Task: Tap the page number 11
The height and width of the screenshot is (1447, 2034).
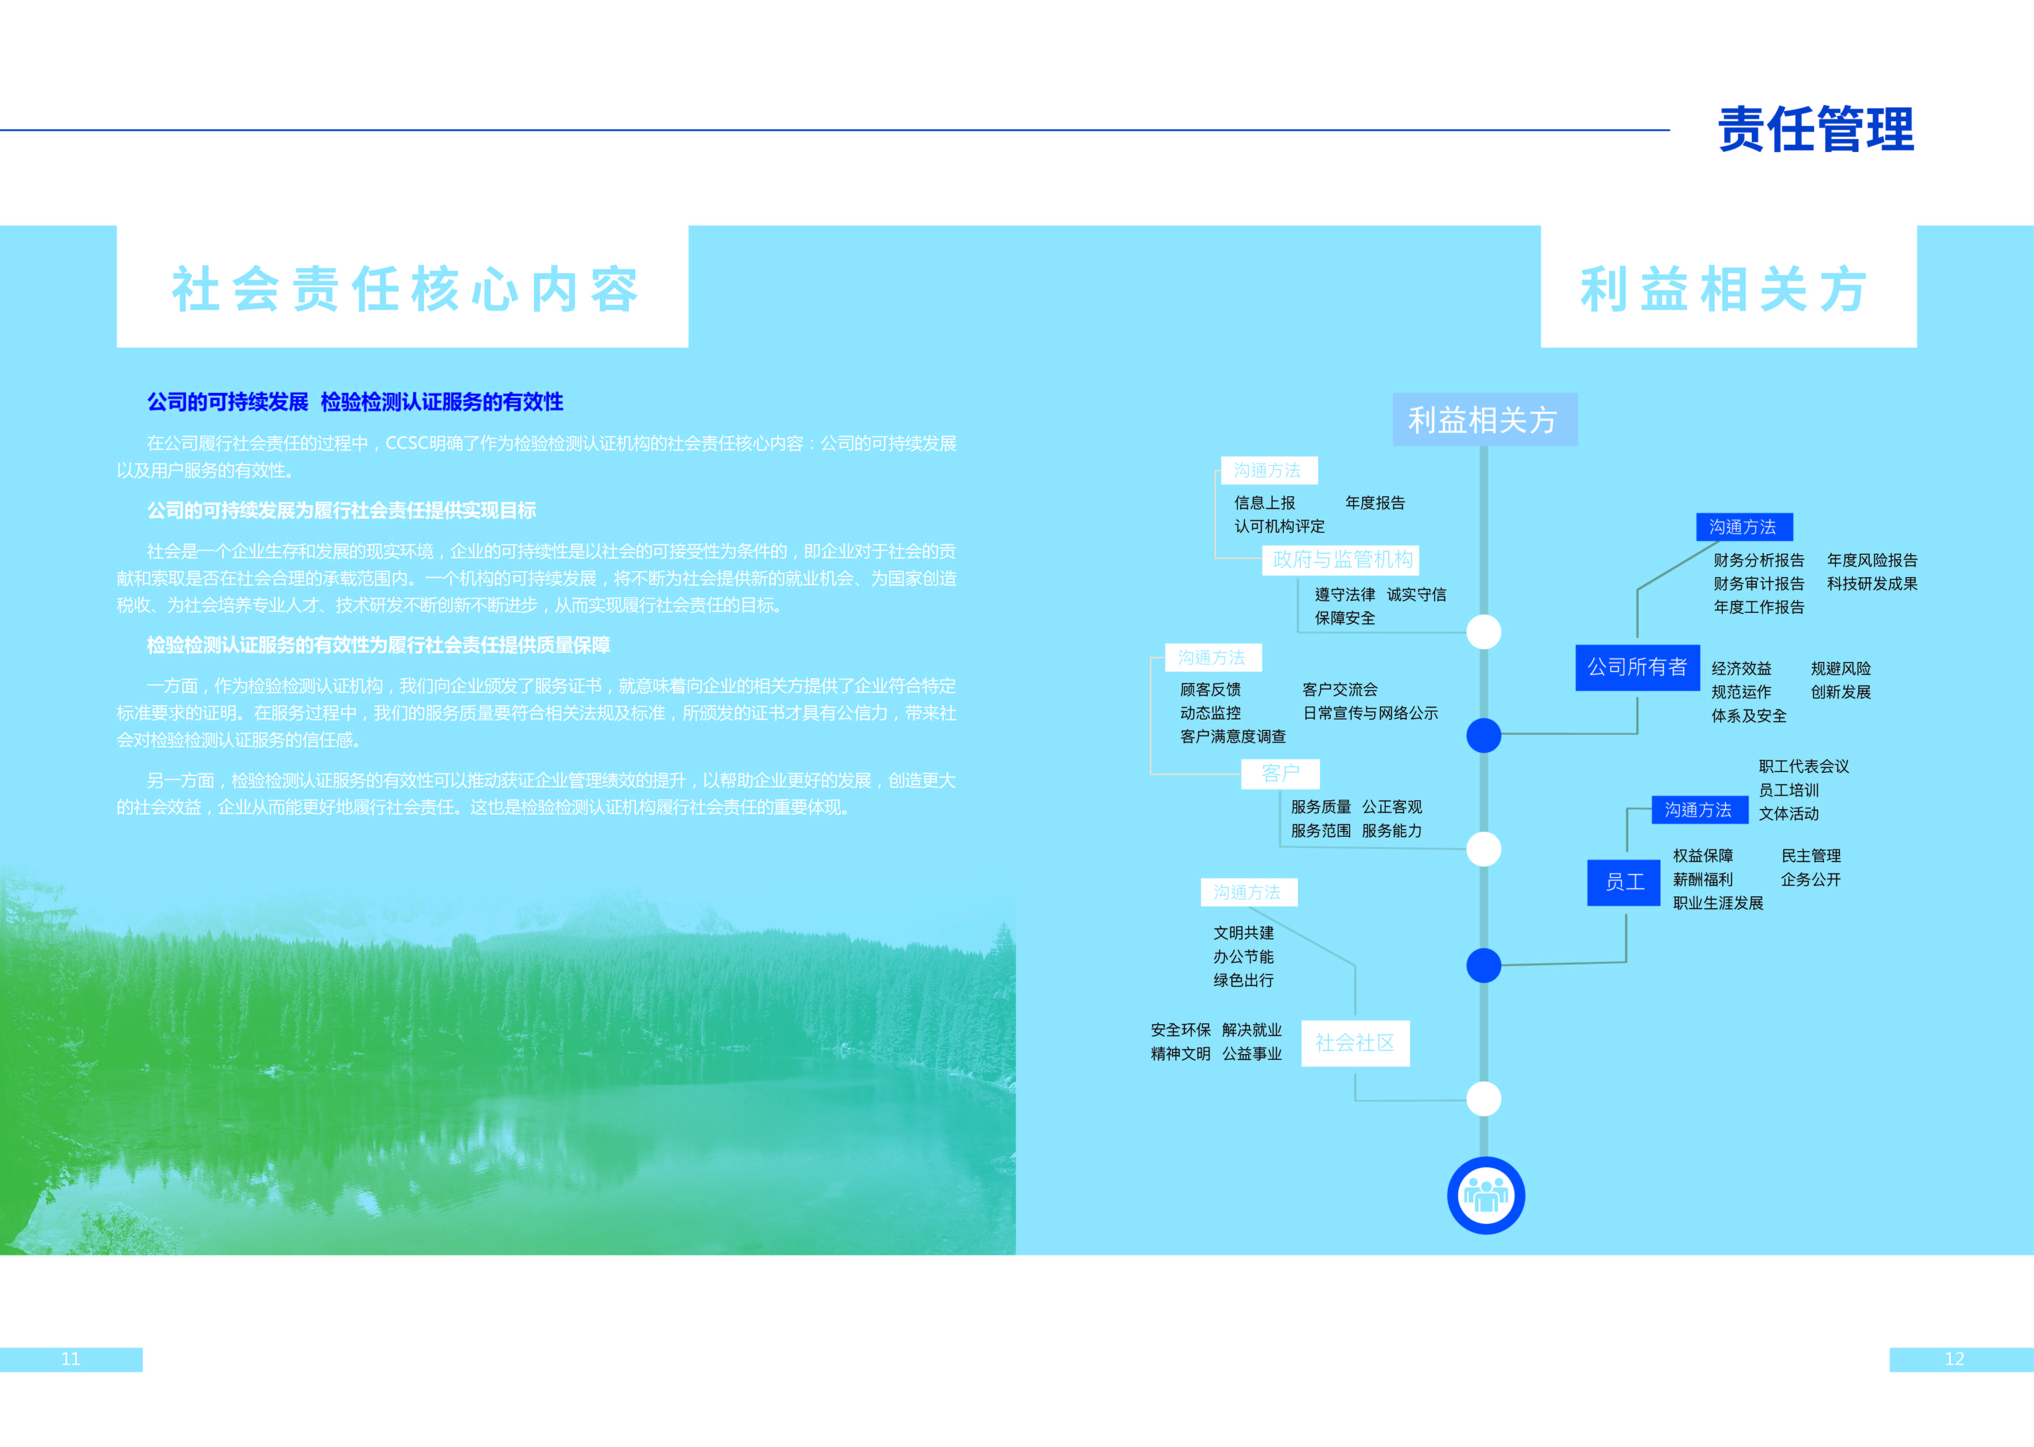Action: coord(70,1359)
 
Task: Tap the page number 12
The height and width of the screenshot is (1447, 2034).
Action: coord(1954,1359)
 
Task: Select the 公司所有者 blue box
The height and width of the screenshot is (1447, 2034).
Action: coord(1637,667)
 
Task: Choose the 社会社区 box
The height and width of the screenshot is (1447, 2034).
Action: coord(1354,1042)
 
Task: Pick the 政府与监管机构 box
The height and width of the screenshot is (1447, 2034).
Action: coord(1342,559)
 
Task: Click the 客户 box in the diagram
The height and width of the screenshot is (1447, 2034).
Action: coord(1280,773)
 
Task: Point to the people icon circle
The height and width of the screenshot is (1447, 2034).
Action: coord(1485,1195)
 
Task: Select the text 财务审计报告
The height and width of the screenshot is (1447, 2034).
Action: coord(1758,584)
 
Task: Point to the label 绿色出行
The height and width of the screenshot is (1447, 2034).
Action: coord(1243,980)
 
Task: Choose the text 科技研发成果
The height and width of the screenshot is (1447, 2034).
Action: coord(1872,584)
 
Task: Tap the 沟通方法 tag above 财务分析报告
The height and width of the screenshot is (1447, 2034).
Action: coord(1743,527)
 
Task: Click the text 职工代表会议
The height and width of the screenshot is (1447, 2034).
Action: coord(1803,766)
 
